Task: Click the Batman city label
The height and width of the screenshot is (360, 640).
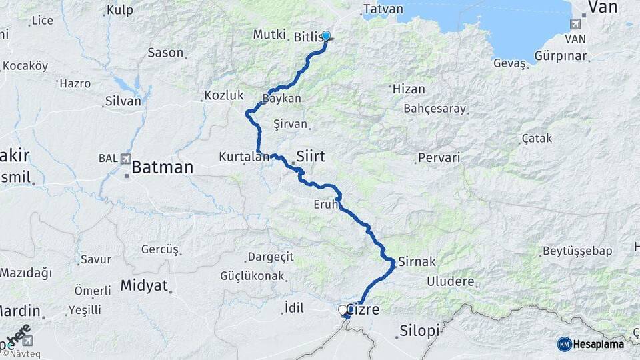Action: tap(162, 167)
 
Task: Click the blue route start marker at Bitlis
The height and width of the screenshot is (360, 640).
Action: tap(326, 35)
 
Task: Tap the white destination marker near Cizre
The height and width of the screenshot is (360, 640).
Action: tap(343, 310)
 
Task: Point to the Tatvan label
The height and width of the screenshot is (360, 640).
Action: tap(383, 9)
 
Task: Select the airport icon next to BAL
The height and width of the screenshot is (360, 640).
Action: tap(125, 159)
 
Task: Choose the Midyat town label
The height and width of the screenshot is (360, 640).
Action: tap(144, 285)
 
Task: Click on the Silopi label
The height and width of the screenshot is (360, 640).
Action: tap(420, 331)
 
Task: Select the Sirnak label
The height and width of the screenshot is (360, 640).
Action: tap(417, 261)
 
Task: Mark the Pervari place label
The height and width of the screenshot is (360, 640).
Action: tap(438, 159)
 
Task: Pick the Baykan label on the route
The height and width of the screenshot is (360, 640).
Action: tap(282, 98)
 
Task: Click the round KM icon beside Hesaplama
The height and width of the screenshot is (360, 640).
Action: tap(565, 344)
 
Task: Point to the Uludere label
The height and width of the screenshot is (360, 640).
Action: tap(450, 281)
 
